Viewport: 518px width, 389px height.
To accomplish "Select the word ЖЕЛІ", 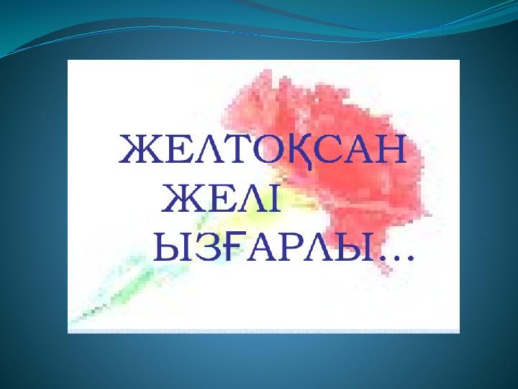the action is tap(221, 199).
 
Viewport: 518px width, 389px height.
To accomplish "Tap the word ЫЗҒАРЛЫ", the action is tap(265, 247).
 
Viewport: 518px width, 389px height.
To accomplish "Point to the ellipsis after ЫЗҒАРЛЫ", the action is tap(396, 258).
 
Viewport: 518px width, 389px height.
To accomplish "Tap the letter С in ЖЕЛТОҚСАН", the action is tap(328, 149).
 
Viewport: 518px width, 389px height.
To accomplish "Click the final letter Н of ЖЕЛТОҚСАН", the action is tap(390, 149).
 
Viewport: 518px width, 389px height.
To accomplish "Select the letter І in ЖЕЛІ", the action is tap(273, 199).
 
